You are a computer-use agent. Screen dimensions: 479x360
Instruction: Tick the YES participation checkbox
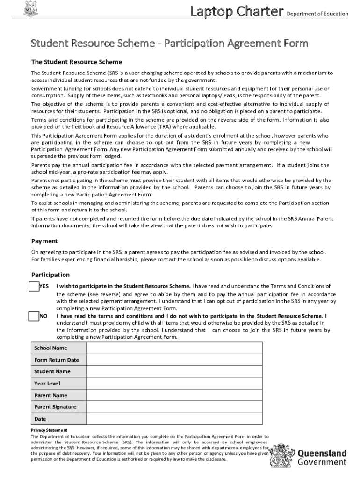point(34,286)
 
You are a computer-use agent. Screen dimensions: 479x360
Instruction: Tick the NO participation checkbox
point(34,316)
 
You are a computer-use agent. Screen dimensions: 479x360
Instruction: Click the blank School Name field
point(174,348)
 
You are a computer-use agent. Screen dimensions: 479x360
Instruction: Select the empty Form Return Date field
point(174,360)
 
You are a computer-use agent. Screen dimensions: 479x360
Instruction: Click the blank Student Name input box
point(174,372)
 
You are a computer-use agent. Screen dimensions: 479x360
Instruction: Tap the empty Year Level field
point(174,384)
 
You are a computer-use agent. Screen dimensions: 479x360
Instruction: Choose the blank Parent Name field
point(174,395)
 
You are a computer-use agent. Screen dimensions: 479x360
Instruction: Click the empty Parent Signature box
point(174,407)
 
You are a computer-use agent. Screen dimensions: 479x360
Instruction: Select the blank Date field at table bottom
point(174,419)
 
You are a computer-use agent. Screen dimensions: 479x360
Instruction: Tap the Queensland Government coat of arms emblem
point(282,458)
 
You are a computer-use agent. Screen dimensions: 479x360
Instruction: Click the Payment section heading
point(44,241)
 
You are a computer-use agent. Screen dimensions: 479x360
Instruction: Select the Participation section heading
point(50,275)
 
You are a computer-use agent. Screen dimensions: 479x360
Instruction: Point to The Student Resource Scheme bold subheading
point(76,62)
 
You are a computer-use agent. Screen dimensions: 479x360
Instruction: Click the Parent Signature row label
point(55,407)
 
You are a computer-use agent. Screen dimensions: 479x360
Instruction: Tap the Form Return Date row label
point(57,360)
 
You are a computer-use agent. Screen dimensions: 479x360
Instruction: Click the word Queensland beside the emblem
point(322,453)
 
